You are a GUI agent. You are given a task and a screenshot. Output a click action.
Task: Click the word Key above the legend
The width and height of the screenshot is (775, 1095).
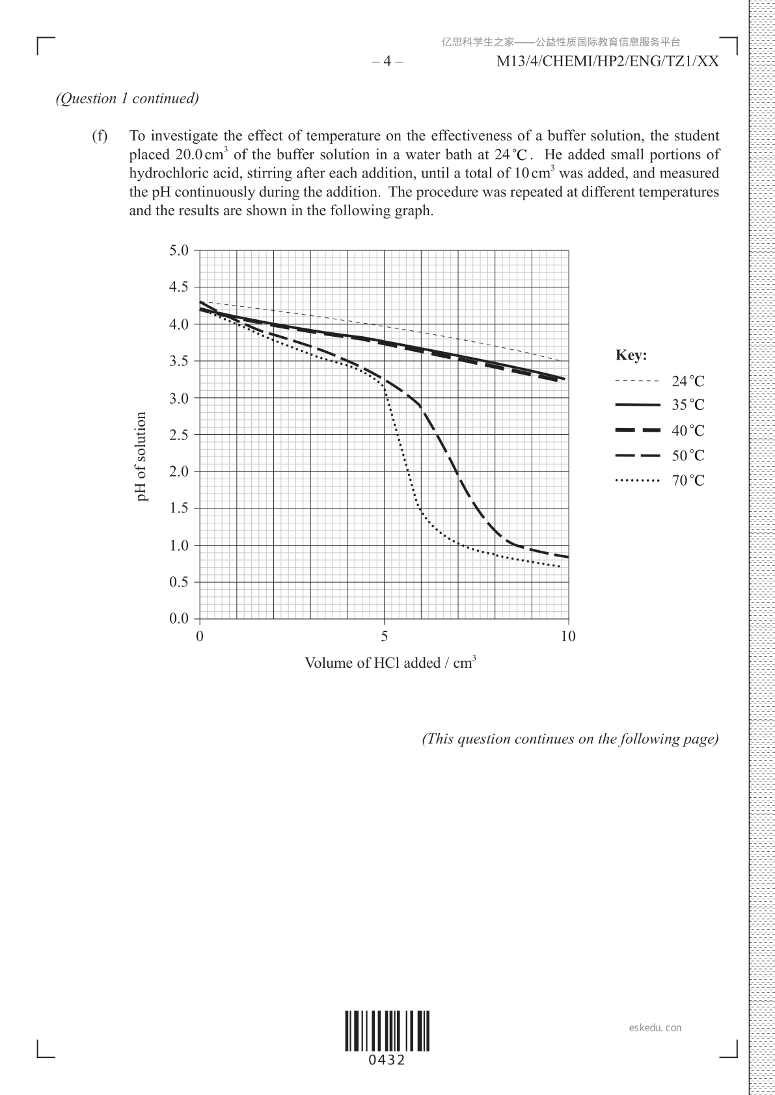coord(631,356)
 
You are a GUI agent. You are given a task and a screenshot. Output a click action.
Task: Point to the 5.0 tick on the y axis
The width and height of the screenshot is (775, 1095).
coord(179,250)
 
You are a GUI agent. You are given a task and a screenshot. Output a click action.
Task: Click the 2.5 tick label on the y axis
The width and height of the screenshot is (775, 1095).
coord(179,434)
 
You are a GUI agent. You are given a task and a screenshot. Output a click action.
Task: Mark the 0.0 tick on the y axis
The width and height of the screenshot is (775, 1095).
coord(179,618)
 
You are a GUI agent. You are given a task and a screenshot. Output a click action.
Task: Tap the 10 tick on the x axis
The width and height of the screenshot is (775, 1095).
coord(568,636)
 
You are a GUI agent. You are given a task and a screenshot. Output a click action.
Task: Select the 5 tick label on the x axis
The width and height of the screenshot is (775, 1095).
coord(384,636)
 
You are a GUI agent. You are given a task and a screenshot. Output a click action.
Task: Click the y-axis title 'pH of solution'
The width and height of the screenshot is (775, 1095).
coord(141,456)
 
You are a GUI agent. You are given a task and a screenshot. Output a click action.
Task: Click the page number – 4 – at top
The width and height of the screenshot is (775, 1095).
coord(387,62)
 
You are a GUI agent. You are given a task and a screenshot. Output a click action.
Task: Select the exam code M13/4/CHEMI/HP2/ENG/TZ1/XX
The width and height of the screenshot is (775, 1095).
coord(608,62)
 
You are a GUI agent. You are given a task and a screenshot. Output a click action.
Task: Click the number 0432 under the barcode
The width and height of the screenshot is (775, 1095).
coord(387,1061)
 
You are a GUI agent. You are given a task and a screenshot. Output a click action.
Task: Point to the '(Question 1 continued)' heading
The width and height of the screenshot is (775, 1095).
coord(128,98)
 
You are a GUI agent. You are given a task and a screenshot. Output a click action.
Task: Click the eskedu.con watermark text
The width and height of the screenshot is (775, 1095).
coord(655,1028)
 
